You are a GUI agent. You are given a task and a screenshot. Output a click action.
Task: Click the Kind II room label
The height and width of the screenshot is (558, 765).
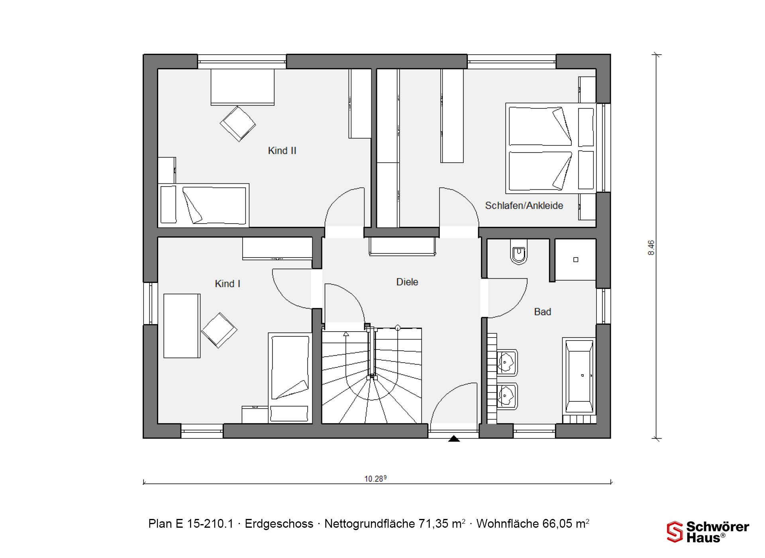(x=282, y=151)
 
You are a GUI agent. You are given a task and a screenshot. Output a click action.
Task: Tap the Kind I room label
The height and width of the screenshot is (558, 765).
(x=228, y=284)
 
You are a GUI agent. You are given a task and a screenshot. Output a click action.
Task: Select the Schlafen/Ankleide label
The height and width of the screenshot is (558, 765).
(x=524, y=206)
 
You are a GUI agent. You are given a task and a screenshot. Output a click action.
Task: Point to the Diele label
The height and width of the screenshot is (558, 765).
(x=407, y=282)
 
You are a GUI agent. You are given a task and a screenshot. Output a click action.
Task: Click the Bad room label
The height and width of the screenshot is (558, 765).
(x=543, y=312)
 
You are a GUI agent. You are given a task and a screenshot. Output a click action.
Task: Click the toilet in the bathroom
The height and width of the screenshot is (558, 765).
(x=519, y=252)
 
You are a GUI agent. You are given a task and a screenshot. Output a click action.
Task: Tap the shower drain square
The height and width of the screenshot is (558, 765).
(x=576, y=260)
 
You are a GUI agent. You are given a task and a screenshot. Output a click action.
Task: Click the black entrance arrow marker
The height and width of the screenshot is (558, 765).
(x=454, y=439)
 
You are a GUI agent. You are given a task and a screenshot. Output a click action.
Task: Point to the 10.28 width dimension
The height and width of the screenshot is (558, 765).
(x=375, y=478)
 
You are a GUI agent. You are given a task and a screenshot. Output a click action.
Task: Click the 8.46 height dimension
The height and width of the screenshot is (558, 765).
(x=651, y=248)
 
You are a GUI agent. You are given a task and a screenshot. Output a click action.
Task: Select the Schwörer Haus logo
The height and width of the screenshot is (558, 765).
(x=708, y=532)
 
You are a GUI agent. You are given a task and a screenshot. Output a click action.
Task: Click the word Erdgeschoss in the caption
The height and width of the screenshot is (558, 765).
(x=279, y=524)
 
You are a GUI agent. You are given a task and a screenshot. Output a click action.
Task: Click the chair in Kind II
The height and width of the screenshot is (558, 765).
(x=238, y=124)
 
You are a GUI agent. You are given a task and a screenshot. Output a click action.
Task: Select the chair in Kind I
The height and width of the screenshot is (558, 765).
(x=219, y=330)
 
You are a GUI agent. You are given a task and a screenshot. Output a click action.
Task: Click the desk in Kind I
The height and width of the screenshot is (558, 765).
(x=182, y=326)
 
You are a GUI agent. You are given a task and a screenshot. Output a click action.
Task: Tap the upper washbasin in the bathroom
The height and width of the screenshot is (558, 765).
(x=507, y=363)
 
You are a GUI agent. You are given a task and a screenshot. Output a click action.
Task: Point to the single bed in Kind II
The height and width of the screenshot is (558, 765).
(x=204, y=205)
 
